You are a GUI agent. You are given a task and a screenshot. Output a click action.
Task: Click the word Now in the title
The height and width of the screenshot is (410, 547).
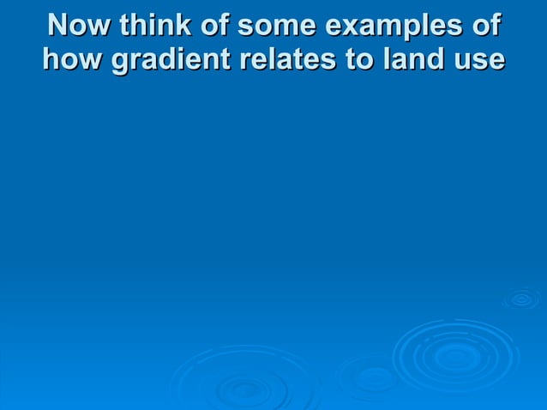point(80,25)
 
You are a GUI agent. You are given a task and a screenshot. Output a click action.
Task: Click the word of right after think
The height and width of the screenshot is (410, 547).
point(209,25)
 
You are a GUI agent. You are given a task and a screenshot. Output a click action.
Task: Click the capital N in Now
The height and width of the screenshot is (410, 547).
point(60,25)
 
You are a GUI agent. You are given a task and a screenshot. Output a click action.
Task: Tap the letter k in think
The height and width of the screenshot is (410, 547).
point(174,25)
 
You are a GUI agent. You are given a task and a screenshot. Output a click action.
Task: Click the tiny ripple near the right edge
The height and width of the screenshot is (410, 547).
point(521,298)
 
